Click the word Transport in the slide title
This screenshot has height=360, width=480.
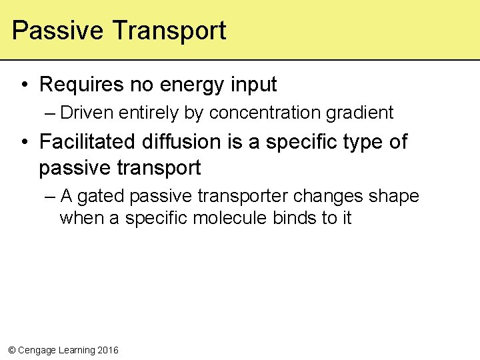169,31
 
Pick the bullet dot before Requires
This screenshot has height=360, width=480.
24,85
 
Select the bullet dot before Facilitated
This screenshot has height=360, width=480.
24,142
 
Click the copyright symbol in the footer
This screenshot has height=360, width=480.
11,350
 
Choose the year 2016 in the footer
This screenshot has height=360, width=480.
108,350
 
